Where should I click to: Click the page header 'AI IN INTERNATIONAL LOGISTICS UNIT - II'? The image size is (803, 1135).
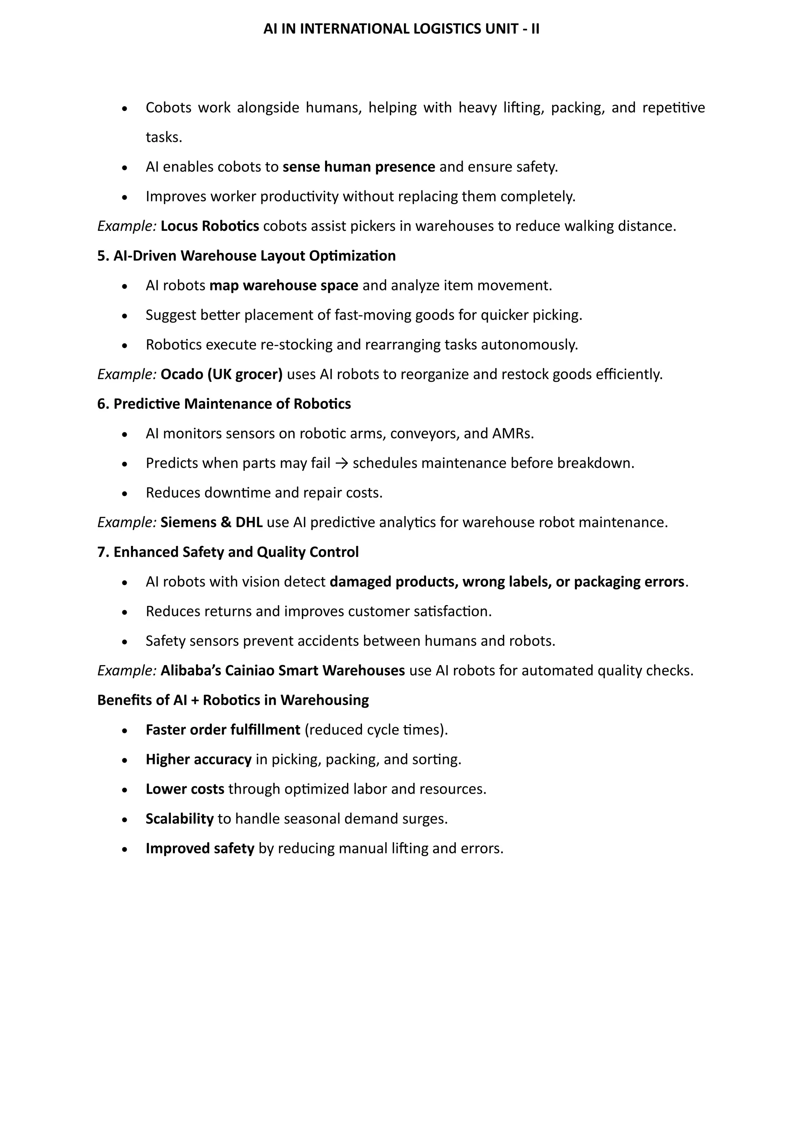tap(401, 29)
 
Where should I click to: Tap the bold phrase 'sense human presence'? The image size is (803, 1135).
tap(358, 167)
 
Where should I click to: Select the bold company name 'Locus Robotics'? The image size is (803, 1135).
tap(210, 226)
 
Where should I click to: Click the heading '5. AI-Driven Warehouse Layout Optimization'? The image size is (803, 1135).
tap(246, 256)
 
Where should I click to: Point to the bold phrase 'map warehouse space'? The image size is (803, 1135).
tap(284, 285)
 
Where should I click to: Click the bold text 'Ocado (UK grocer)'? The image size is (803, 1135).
tap(222, 374)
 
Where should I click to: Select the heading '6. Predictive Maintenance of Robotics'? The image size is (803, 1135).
tap(224, 404)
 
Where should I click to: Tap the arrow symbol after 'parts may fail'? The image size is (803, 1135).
tap(341, 463)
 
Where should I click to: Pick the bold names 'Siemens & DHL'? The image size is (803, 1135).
tap(211, 522)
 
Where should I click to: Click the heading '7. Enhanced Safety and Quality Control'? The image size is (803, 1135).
tap(228, 552)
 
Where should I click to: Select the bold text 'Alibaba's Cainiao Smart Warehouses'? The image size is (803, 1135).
tap(282, 671)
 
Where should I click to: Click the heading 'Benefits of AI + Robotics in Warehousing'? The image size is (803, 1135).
tap(233, 700)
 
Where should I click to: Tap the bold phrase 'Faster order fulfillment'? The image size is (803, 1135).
tap(223, 730)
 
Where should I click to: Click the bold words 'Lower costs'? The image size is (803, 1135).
tap(185, 789)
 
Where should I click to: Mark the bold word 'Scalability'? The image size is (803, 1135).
tap(180, 819)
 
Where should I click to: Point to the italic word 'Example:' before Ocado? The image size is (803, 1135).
tap(127, 374)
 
